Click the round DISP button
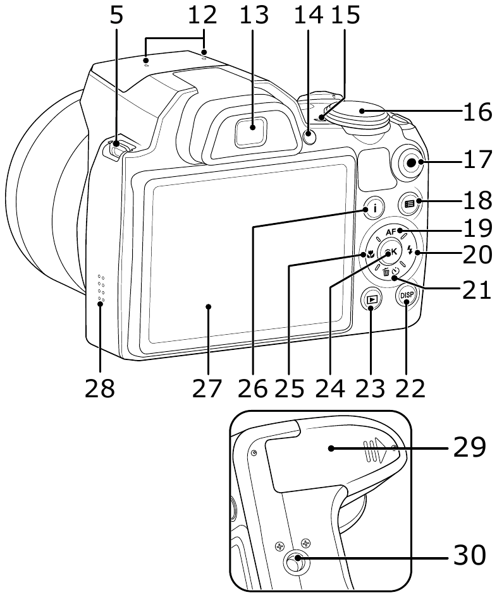click(406, 295)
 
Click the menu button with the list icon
click(410, 204)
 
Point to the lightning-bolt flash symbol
click(410, 251)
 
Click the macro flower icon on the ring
click(370, 255)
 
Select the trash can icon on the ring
click(386, 272)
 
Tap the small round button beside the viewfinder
click(310, 135)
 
